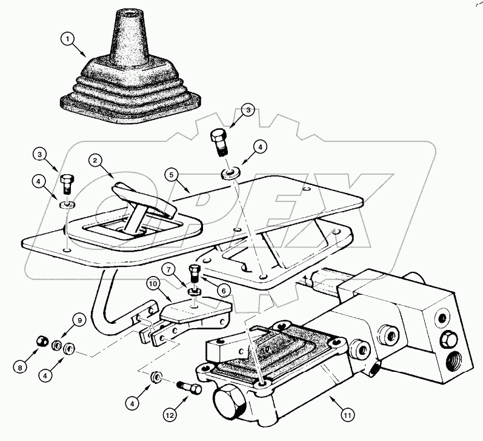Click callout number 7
170,268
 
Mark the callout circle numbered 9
78,320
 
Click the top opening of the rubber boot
130,13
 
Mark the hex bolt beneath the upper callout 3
219,141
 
